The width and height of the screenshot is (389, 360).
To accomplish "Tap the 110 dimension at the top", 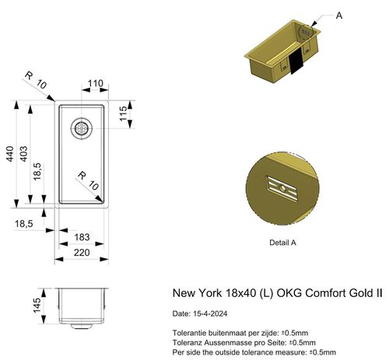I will tap(95, 82).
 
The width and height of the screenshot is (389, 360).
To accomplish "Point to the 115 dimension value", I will tap(123, 117).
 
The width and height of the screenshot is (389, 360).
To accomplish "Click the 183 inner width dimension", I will tap(79, 236).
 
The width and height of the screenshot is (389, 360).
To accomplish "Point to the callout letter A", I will tap(339, 15).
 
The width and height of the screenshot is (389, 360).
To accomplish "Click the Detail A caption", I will tap(282, 243).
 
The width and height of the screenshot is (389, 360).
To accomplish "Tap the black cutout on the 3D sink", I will tap(296, 62).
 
